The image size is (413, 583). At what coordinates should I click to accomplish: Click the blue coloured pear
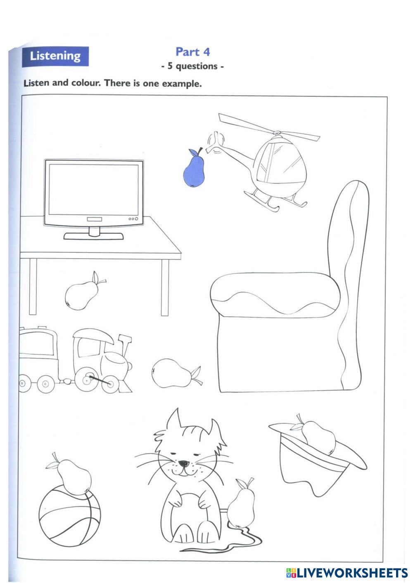(194, 169)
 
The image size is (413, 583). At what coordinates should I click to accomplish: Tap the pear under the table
(83, 292)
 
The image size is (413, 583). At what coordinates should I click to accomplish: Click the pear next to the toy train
(175, 373)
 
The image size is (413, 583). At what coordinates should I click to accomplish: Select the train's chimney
(125, 344)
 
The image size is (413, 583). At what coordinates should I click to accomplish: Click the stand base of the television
(94, 236)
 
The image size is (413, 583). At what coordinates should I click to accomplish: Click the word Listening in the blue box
(55, 56)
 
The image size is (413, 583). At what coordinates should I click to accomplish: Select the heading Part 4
(192, 52)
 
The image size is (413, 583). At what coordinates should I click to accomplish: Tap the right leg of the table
(165, 287)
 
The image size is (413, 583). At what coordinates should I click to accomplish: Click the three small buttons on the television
(133, 219)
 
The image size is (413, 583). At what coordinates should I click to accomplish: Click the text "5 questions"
(192, 66)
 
